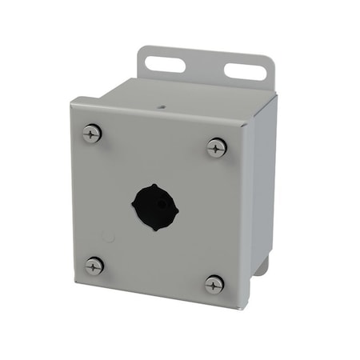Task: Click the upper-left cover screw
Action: (x=92, y=134)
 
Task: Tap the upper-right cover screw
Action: (x=216, y=147)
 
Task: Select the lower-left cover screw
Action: (x=95, y=266)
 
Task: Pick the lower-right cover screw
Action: (x=214, y=284)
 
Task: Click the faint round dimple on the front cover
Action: (x=108, y=235)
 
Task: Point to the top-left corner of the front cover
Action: (x=71, y=99)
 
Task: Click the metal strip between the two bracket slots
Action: (x=203, y=65)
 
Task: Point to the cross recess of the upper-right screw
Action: (x=216, y=147)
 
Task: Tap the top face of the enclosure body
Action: (x=184, y=96)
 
